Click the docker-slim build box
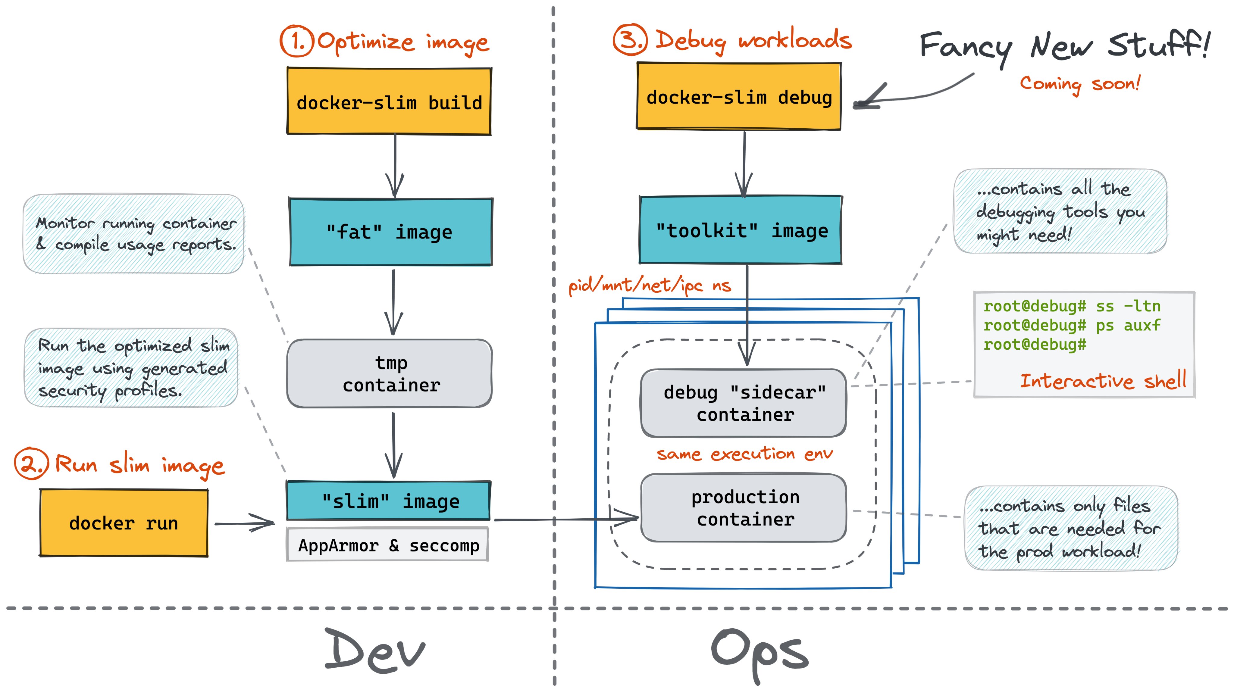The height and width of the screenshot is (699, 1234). (x=389, y=102)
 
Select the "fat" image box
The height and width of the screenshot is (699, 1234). (x=390, y=232)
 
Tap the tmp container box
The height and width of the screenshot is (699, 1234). (x=390, y=373)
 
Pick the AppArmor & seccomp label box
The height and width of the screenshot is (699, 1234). (x=388, y=545)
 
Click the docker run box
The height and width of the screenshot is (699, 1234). (x=124, y=523)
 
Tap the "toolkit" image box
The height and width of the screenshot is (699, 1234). (x=741, y=230)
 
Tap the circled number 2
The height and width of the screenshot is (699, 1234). (x=31, y=464)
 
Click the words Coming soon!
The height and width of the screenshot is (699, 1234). (x=1079, y=84)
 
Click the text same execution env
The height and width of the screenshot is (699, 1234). (x=744, y=454)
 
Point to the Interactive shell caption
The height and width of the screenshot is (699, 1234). (x=1102, y=381)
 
